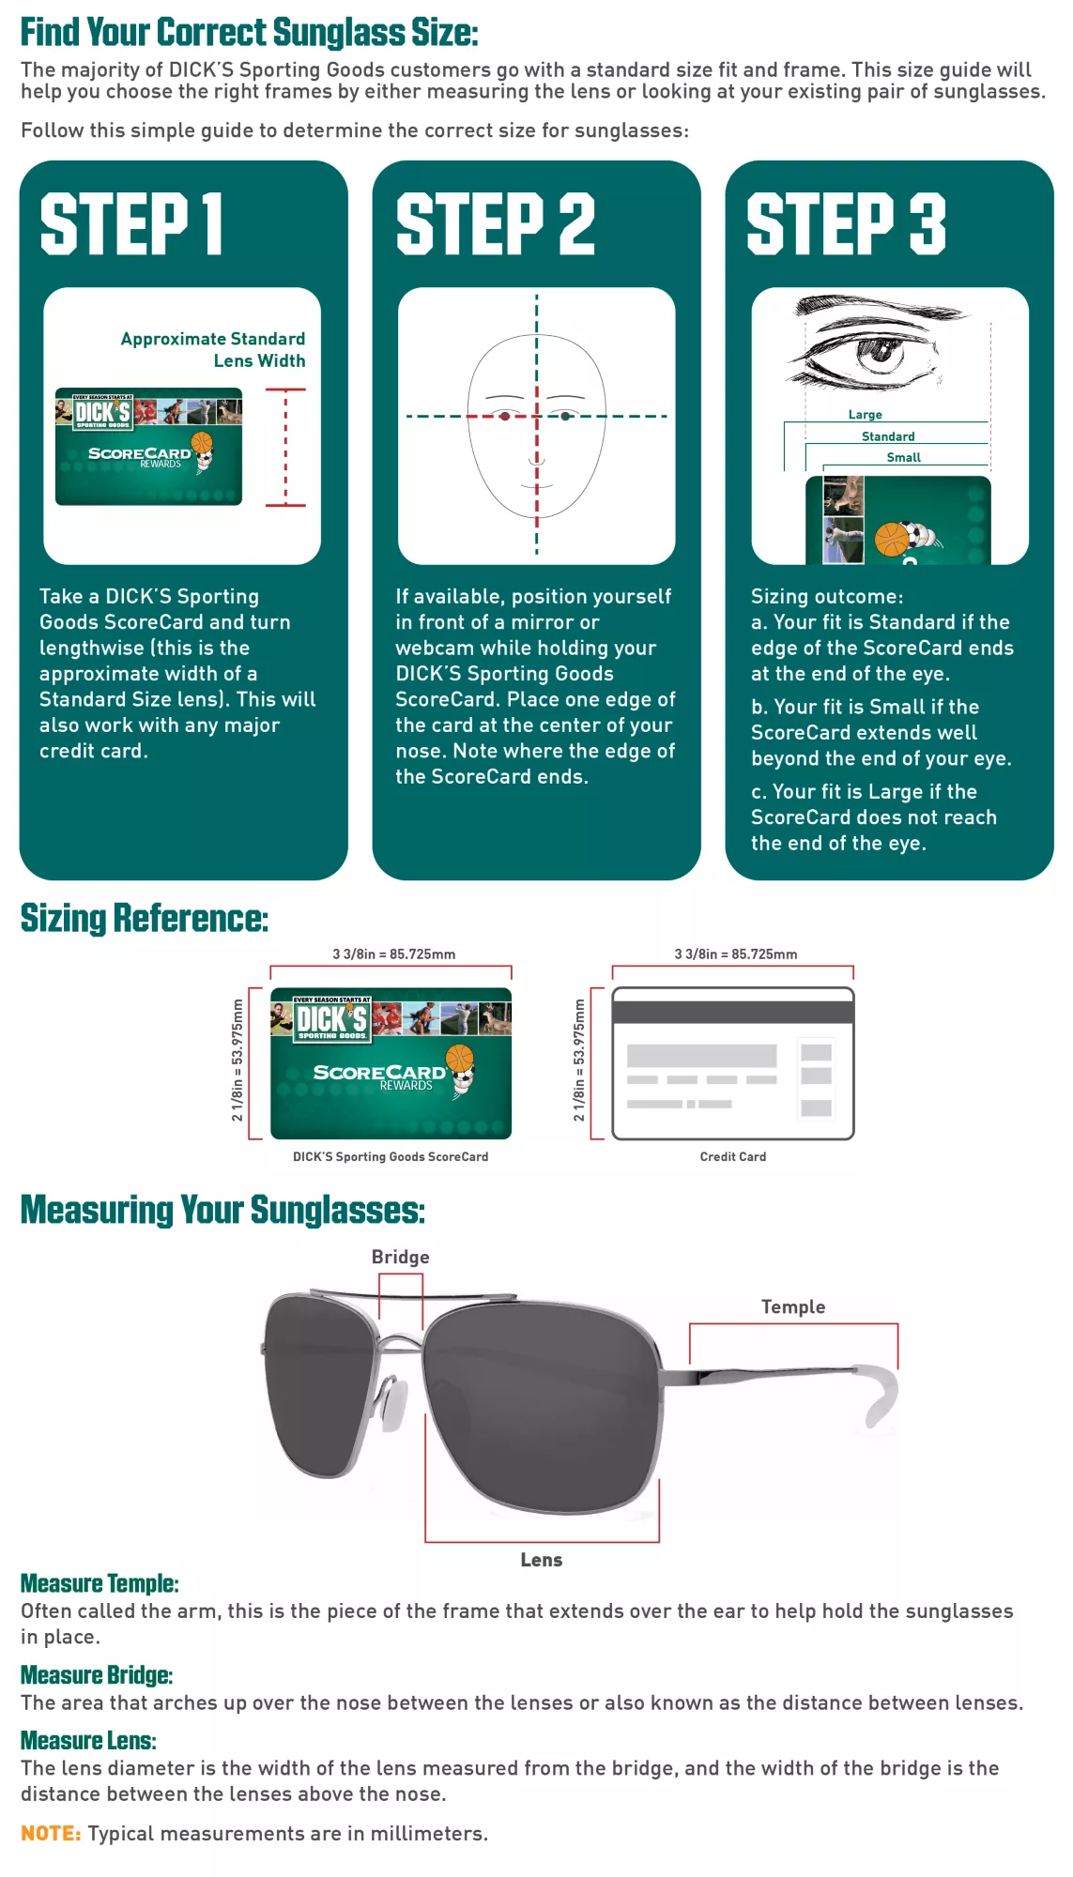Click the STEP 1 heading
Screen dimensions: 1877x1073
[x=131, y=224]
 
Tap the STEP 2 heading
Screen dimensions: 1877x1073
[x=496, y=224]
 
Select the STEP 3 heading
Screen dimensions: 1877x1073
[x=846, y=224]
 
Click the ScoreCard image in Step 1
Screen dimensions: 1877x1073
[x=148, y=447]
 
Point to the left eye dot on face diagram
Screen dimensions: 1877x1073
[x=505, y=416]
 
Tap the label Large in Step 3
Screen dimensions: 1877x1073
[x=865, y=414]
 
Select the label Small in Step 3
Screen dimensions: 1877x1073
[x=903, y=457]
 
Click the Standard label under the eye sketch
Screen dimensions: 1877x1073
[x=887, y=436]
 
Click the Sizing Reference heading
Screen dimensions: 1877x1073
[x=145, y=918]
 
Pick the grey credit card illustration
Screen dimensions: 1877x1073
[x=732, y=1063]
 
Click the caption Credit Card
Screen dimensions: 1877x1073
[x=732, y=1156]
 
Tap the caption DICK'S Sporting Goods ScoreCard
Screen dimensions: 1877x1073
[x=391, y=1156]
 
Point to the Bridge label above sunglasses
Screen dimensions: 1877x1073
[x=400, y=1257]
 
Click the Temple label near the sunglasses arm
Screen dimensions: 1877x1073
[x=792, y=1306]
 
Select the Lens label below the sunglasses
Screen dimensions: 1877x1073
[x=542, y=1560]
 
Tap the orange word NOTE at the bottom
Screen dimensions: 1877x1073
[x=51, y=1833]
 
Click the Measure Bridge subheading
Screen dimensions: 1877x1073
[x=97, y=1675]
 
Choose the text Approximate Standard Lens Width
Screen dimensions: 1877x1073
[x=213, y=349]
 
